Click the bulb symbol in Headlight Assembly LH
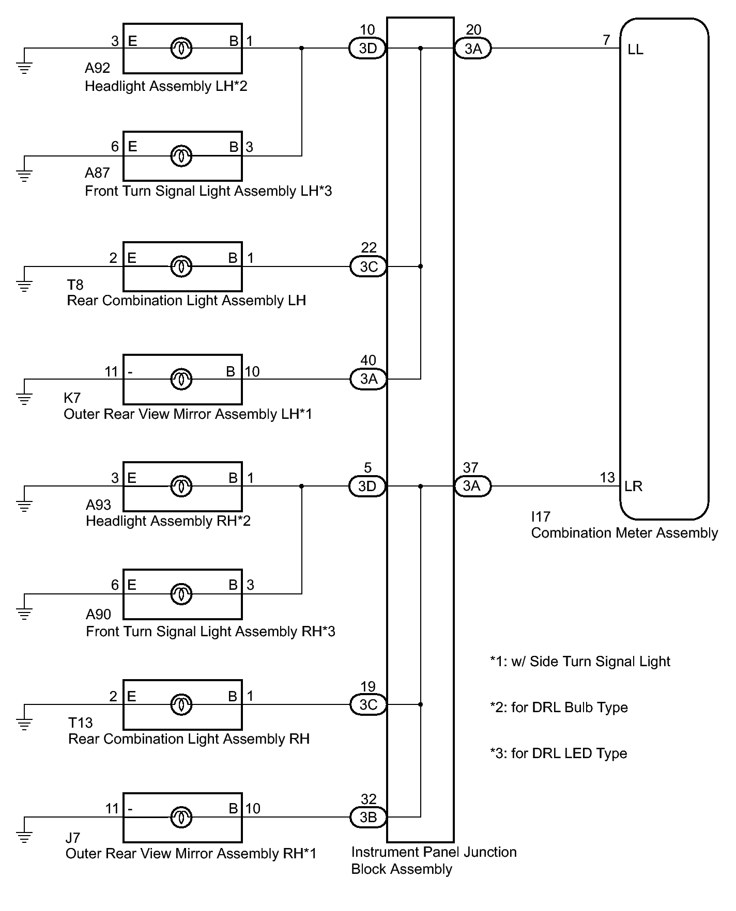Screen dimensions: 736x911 181,49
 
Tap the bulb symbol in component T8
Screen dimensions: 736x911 181,266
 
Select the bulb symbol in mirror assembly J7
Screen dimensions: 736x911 181,817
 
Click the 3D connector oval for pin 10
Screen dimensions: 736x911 368,49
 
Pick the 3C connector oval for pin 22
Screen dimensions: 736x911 368,266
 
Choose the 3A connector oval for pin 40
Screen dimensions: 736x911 368,379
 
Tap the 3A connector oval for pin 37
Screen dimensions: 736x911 472,486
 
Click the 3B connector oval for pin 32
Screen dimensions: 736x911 368,817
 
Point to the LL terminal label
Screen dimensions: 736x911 635,50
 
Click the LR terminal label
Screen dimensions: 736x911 634,486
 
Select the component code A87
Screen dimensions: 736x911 97,172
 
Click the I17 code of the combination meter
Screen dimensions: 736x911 541,516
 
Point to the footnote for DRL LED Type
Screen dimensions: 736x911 559,753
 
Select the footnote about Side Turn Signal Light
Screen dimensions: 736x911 580,662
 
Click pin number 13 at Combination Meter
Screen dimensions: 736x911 607,477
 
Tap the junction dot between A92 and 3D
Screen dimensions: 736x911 302,49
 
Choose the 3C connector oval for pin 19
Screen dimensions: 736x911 368,704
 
